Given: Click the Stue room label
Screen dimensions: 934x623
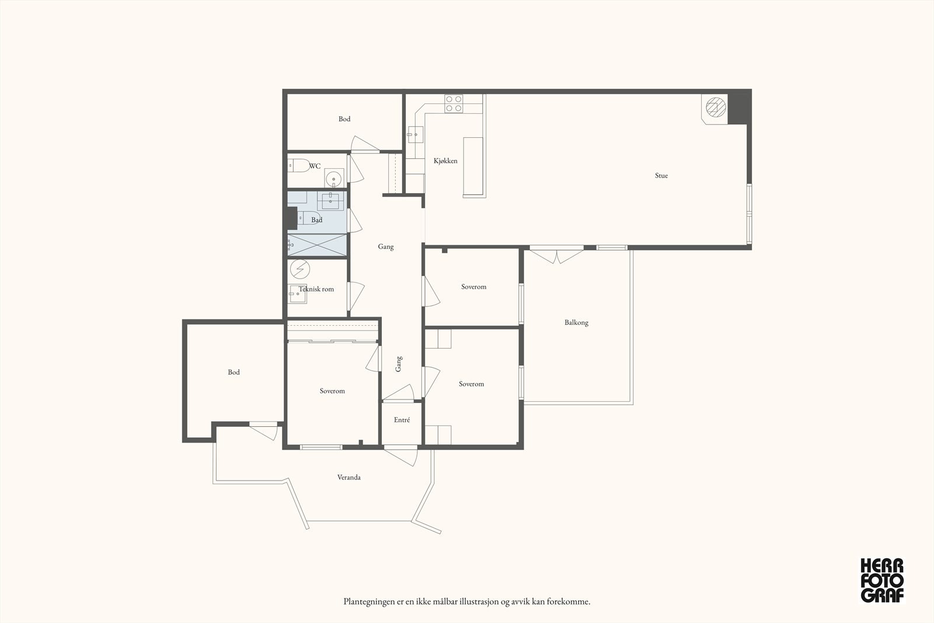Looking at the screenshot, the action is click(661, 176).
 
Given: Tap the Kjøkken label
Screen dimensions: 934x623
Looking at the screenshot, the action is click(445, 161).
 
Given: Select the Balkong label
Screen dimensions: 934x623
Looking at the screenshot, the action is click(576, 322).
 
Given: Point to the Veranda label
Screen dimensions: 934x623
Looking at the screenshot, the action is click(349, 477).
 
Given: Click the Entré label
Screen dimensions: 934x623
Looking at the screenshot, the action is click(402, 420).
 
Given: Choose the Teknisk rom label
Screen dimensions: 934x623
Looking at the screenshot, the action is click(316, 289).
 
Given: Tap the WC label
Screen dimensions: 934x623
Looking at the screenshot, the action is click(315, 166).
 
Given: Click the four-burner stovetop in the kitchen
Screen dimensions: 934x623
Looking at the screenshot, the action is click(453, 103).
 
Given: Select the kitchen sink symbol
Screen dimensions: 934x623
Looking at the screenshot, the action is click(416, 135).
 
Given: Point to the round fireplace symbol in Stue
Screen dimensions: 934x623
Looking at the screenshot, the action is click(716, 107).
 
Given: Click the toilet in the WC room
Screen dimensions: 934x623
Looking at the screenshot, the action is click(298, 166).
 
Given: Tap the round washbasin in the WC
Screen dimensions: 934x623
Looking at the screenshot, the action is click(333, 179).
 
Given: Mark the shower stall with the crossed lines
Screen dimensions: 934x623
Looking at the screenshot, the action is click(318, 245).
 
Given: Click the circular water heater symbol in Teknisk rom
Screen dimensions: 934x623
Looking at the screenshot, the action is click(300, 269).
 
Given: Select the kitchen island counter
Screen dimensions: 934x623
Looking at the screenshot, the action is click(473, 166).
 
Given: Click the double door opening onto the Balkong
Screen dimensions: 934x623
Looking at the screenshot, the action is click(556, 255).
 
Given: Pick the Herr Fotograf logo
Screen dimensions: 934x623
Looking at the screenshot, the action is click(882, 580).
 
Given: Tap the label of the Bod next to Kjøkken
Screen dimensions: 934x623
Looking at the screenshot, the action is click(344, 119).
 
